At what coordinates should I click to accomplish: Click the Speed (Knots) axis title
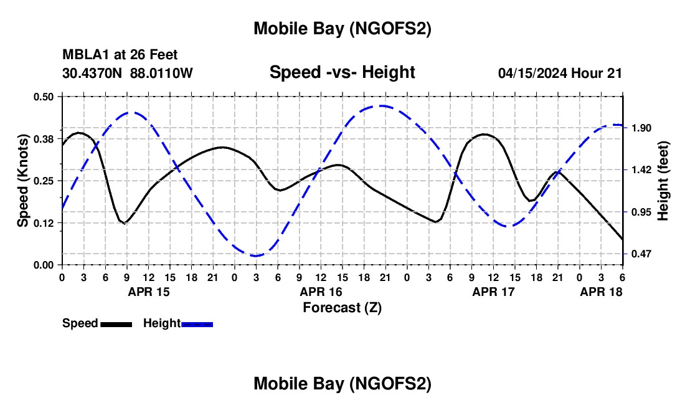(23, 181)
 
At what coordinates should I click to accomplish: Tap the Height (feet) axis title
(663, 181)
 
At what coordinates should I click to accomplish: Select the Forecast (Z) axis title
(342, 307)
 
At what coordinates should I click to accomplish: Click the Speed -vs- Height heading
(342, 73)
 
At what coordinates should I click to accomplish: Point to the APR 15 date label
(148, 292)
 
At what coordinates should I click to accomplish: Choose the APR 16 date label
(321, 292)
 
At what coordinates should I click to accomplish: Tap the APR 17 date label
(494, 292)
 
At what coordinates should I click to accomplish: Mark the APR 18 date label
(602, 292)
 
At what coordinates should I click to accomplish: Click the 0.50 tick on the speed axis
(44, 97)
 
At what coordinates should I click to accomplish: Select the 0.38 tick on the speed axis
(44, 138)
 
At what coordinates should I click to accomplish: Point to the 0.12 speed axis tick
(44, 223)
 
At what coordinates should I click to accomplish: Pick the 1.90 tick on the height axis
(641, 128)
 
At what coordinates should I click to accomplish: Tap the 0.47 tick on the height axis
(641, 254)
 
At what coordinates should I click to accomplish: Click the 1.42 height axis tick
(641, 170)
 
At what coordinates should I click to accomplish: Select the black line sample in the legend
(116, 324)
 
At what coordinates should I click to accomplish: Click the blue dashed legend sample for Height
(197, 324)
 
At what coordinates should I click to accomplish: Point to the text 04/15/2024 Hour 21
(560, 74)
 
